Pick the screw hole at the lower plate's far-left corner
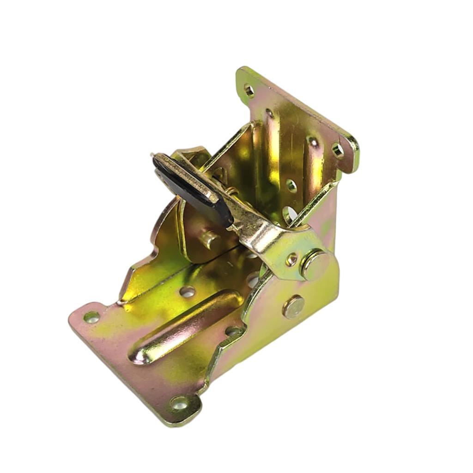pos(91,317)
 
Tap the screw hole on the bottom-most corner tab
pos(180,403)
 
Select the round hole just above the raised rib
pos(187,291)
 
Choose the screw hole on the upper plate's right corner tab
pos(338,150)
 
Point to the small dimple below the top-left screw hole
pos(269,113)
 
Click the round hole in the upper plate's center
pos(291,186)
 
